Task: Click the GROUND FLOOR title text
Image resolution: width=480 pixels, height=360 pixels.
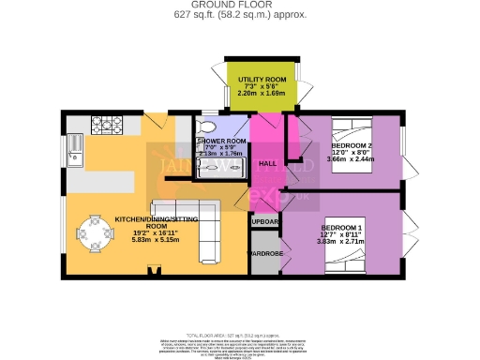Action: [239, 5]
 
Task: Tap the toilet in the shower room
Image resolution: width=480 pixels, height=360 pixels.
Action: [209, 128]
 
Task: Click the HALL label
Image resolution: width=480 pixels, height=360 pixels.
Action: [266, 163]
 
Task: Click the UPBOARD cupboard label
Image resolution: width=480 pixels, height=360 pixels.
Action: [265, 221]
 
